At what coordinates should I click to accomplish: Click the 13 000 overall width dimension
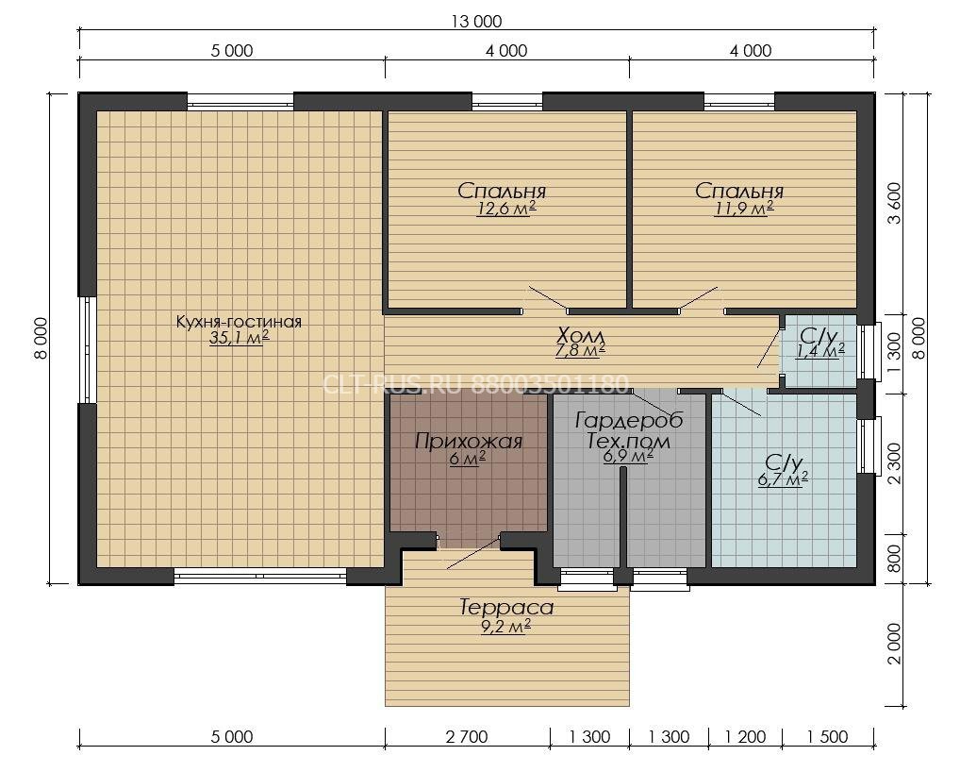coord(476,22)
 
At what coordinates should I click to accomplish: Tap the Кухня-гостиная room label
coord(239,322)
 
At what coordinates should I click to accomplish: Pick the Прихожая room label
coord(469,441)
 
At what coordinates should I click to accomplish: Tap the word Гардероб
coord(629,420)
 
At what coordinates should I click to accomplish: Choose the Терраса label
coord(506,607)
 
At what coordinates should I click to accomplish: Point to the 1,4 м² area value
coord(820,351)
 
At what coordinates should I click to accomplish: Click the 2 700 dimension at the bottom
coord(467,736)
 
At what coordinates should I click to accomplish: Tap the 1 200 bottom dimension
coord(745,736)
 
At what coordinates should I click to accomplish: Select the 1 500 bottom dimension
coord(828,736)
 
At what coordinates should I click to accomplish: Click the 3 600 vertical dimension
coord(895,203)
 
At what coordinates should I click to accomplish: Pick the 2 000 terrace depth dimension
coord(895,644)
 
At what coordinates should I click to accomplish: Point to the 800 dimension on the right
coord(895,559)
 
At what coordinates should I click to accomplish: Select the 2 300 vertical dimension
coord(895,463)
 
